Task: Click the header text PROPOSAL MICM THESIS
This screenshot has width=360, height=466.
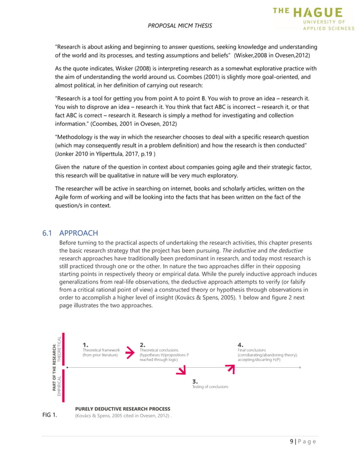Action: (179, 26)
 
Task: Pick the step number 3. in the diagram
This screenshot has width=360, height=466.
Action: (195, 381)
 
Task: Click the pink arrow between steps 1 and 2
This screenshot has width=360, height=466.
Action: (130, 350)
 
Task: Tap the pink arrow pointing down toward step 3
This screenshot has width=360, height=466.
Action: (181, 370)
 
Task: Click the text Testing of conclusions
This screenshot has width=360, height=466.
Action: (210, 387)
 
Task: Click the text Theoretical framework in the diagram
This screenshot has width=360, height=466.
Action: (101, 350)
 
